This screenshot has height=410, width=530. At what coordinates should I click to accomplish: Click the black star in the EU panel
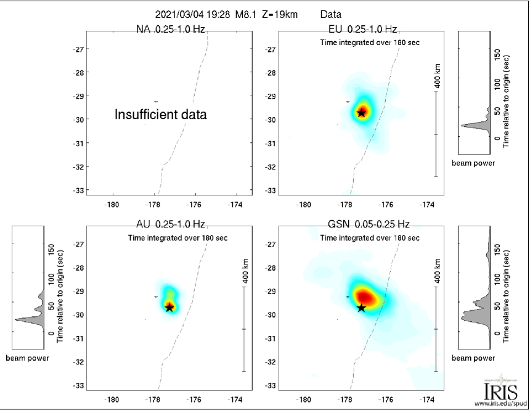click(361, 113)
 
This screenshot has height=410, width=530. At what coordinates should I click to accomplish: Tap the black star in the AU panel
click(169, 307)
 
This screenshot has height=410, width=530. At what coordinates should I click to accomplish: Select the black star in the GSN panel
click(361, 308)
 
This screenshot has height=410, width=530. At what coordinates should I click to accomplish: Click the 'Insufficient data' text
click(160, 114)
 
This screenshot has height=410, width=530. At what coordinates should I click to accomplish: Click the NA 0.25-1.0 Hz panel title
click(170, 29)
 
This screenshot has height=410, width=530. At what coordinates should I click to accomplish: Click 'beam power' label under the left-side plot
click(27, 358)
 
